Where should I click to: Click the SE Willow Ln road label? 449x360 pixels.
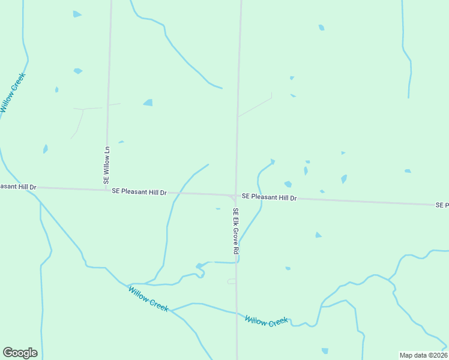107,165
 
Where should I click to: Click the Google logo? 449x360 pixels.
20,353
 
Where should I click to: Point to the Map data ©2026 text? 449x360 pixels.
423,355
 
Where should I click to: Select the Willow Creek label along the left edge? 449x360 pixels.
13,93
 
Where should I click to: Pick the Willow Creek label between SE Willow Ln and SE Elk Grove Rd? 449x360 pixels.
148,298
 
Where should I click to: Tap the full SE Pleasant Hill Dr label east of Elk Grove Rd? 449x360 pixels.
269,197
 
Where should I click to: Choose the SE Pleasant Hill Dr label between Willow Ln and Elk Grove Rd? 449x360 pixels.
139,191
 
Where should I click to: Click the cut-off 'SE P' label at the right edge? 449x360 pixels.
442,205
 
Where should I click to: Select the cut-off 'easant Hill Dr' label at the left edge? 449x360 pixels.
18,187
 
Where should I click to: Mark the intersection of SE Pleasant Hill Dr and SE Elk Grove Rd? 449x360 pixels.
235,195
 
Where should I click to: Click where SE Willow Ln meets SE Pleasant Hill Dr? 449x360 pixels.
106,190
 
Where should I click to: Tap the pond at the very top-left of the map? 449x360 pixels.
76,14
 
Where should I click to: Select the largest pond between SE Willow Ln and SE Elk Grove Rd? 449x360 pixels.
148,103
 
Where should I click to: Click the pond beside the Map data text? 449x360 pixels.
325,350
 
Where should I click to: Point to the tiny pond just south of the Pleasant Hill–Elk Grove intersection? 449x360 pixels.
218,209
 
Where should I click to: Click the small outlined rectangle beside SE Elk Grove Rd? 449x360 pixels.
232,281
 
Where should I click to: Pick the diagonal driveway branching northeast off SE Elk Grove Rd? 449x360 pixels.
255,107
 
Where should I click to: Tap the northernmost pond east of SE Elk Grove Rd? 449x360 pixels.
321,27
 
